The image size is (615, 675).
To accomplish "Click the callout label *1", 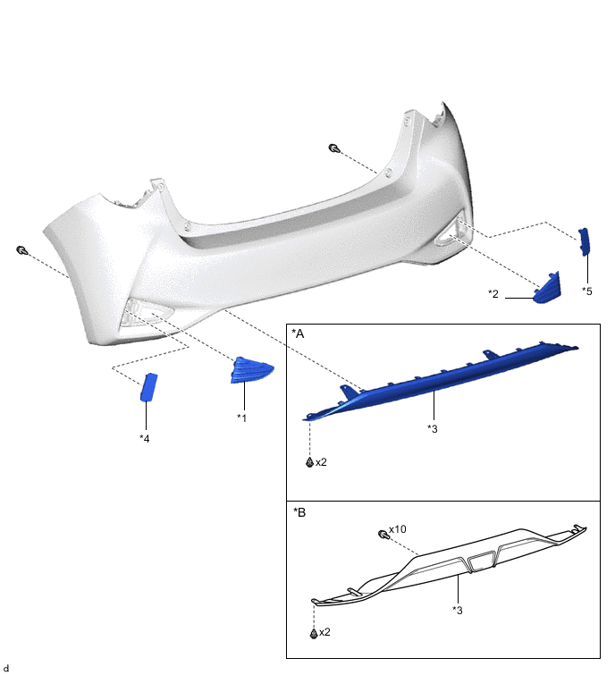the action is [x=242, y=418].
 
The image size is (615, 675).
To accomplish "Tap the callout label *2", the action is [x=493, y=294].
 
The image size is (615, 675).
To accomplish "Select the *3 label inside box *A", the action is [x=432, y=429].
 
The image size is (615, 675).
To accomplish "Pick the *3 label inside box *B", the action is [x=458, y=610].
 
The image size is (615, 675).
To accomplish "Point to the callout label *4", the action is [x=145, y=439].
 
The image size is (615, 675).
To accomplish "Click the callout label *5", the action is [x=587, y=291].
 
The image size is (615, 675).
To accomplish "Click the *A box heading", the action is [x=298, y=333].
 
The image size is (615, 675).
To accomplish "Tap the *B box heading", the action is [x=299, y=512].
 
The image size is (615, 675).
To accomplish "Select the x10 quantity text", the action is [x=397, y=529].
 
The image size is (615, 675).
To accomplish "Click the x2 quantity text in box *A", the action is [x=321, y=462].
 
